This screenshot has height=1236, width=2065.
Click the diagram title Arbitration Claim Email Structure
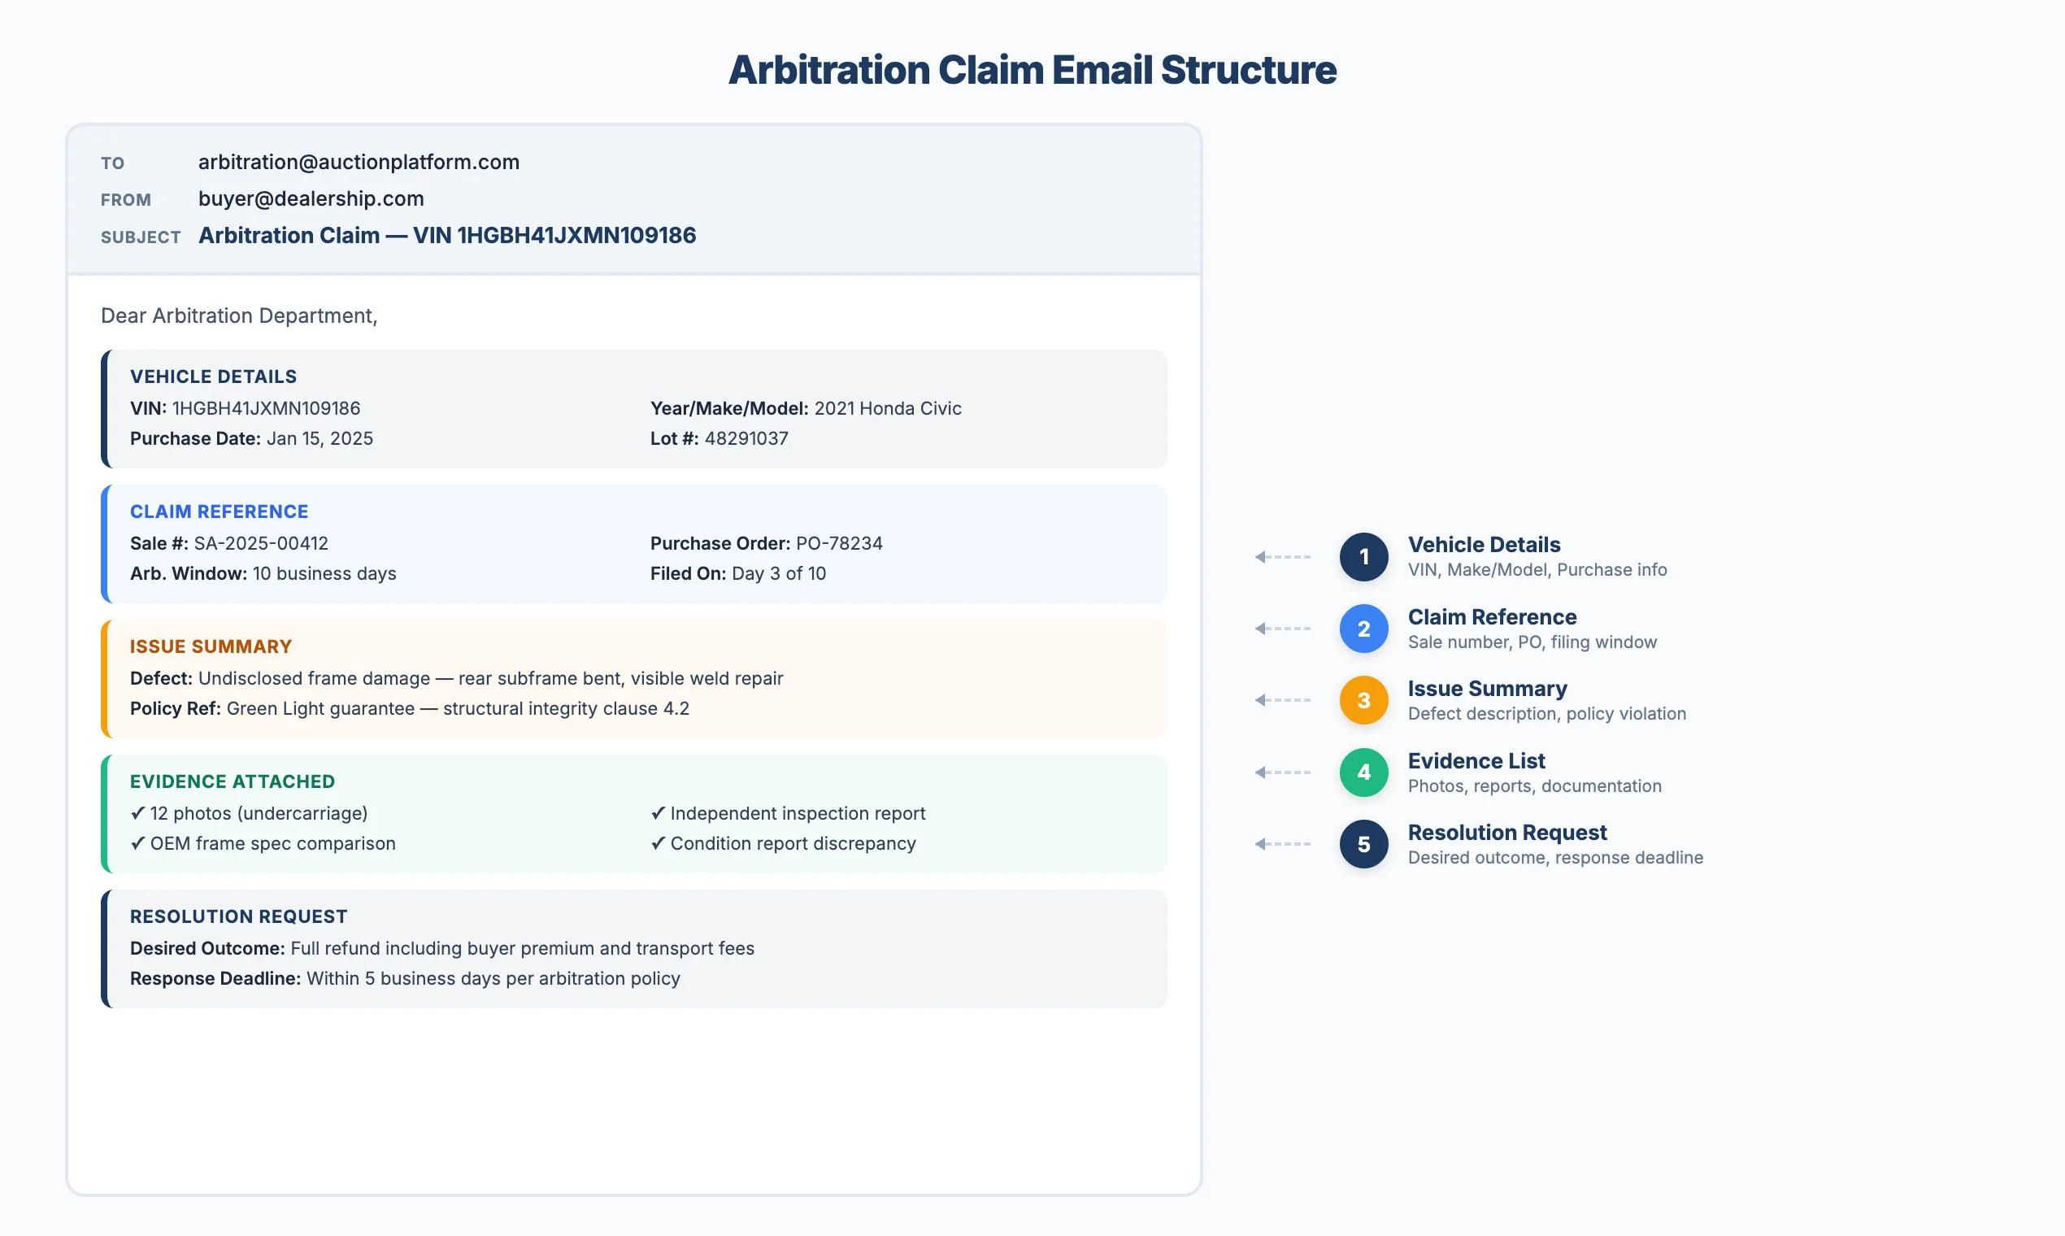click(1032, 70)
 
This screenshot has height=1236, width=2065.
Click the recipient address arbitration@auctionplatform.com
click(358, 162)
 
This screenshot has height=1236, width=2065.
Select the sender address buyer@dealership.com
click(311, 198)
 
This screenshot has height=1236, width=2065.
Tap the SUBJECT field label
click(140, 237)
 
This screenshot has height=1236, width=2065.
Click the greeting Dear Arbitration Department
click(239, 316)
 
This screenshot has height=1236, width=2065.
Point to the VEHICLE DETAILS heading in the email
click(213, 376)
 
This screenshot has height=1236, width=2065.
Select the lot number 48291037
click(746, 438)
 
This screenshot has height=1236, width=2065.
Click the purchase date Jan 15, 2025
click(319, 438)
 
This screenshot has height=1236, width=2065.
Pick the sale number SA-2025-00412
click(261, 543)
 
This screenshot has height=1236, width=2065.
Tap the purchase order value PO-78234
click(838, 543)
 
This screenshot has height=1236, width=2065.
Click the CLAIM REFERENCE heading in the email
click(219, 511)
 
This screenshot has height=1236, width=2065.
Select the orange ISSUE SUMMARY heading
click(211, 646)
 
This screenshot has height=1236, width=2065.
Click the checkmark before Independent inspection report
click(658, 813)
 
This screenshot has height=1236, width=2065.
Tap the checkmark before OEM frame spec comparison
click(137, 843)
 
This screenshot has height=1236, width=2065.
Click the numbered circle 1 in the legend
click(1363, 556)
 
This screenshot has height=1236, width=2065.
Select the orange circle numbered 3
click(1363, 700)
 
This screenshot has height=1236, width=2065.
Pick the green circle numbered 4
click(1363, 772)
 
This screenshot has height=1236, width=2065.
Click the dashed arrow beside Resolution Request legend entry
click(1282, 844)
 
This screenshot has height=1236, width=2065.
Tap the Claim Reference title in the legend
click(1491, 617)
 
